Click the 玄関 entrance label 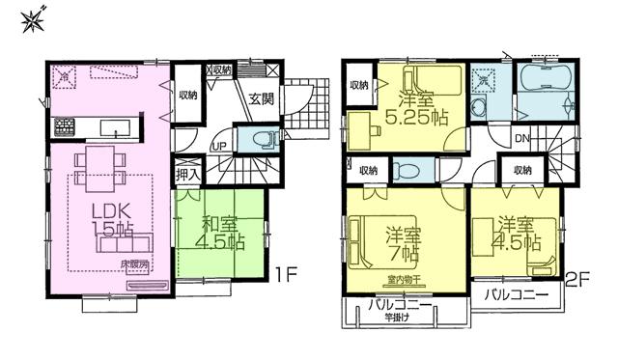tap(261, 97)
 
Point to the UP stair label tap(219, 146)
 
